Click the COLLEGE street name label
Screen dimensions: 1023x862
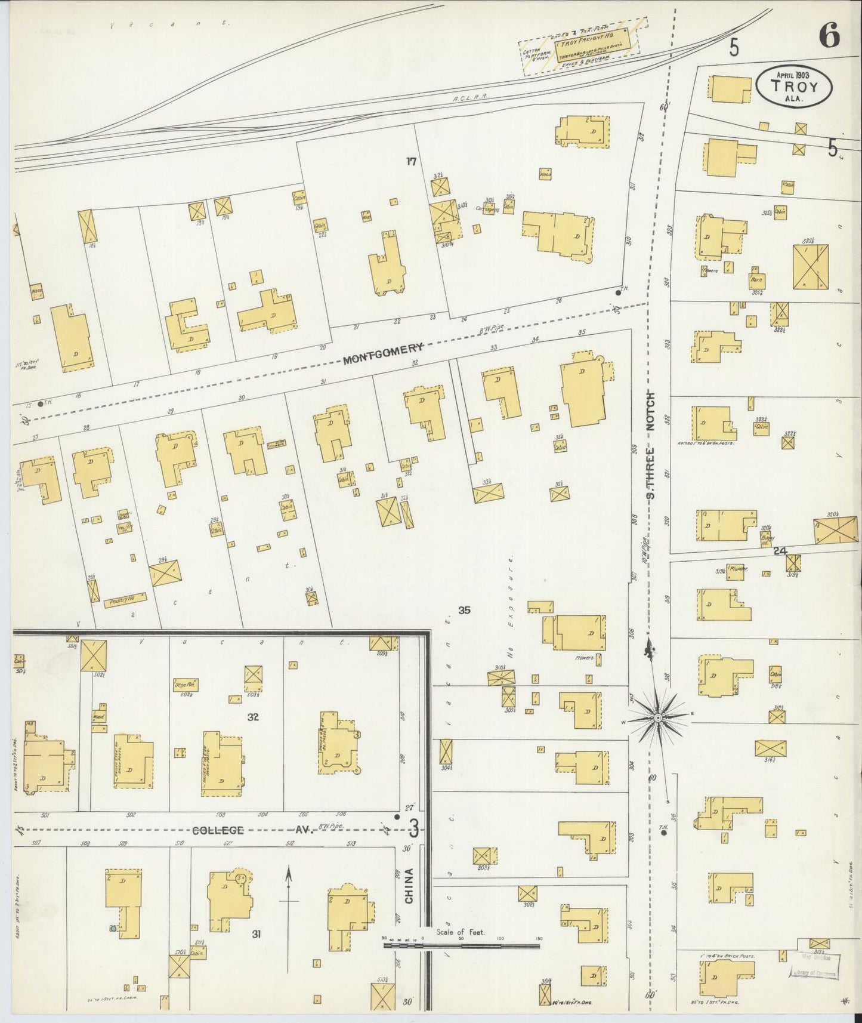tap(218, 830)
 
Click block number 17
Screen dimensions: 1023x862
tap(410, 161)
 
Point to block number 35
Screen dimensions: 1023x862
tap(464, 610)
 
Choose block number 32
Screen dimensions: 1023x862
tap(253, 717)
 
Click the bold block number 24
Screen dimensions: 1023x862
tap(779, 551)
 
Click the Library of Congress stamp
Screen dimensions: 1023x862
tap(814, 973)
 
